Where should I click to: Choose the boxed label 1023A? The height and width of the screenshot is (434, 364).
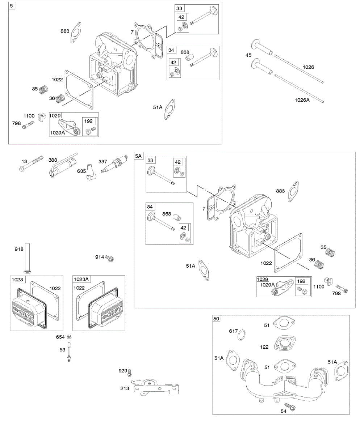81,279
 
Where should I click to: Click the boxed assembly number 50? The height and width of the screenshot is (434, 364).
216,319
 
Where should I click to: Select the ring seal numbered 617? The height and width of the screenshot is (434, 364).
241,335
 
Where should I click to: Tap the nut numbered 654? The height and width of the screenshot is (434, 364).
68,337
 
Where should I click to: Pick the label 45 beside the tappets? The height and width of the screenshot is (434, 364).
248,55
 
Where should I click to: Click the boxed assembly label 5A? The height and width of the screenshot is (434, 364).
139,156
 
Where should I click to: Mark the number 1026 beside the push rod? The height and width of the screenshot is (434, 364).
308,67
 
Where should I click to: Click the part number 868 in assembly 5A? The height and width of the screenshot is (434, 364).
167,214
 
